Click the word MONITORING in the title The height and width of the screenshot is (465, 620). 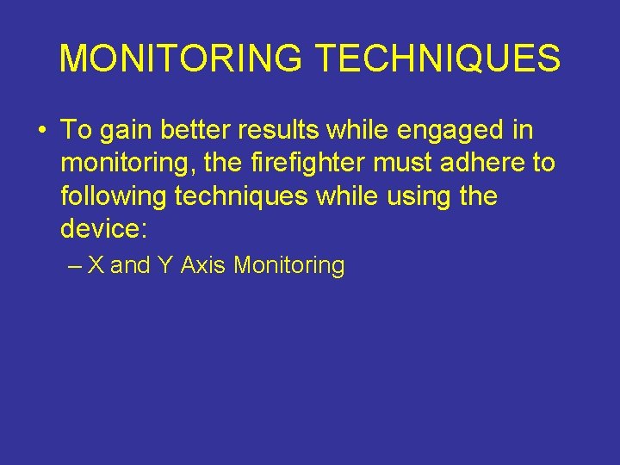(x=181, y=59)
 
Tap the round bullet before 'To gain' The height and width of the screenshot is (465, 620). (x=40, y=132)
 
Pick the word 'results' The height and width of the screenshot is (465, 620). (x=290, y=131)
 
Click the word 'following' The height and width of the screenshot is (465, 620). (x=114, y=196)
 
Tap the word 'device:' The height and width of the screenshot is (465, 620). (x=99, y=228)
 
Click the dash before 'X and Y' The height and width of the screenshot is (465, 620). (x=73, y=266)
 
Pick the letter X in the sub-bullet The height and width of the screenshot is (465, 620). (x=96, y=265)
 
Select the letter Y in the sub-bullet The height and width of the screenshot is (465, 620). (x=164, y=265)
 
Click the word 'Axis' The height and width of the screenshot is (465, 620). (x=203, y=265)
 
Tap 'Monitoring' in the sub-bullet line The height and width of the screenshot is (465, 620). (x=288, y=266)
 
